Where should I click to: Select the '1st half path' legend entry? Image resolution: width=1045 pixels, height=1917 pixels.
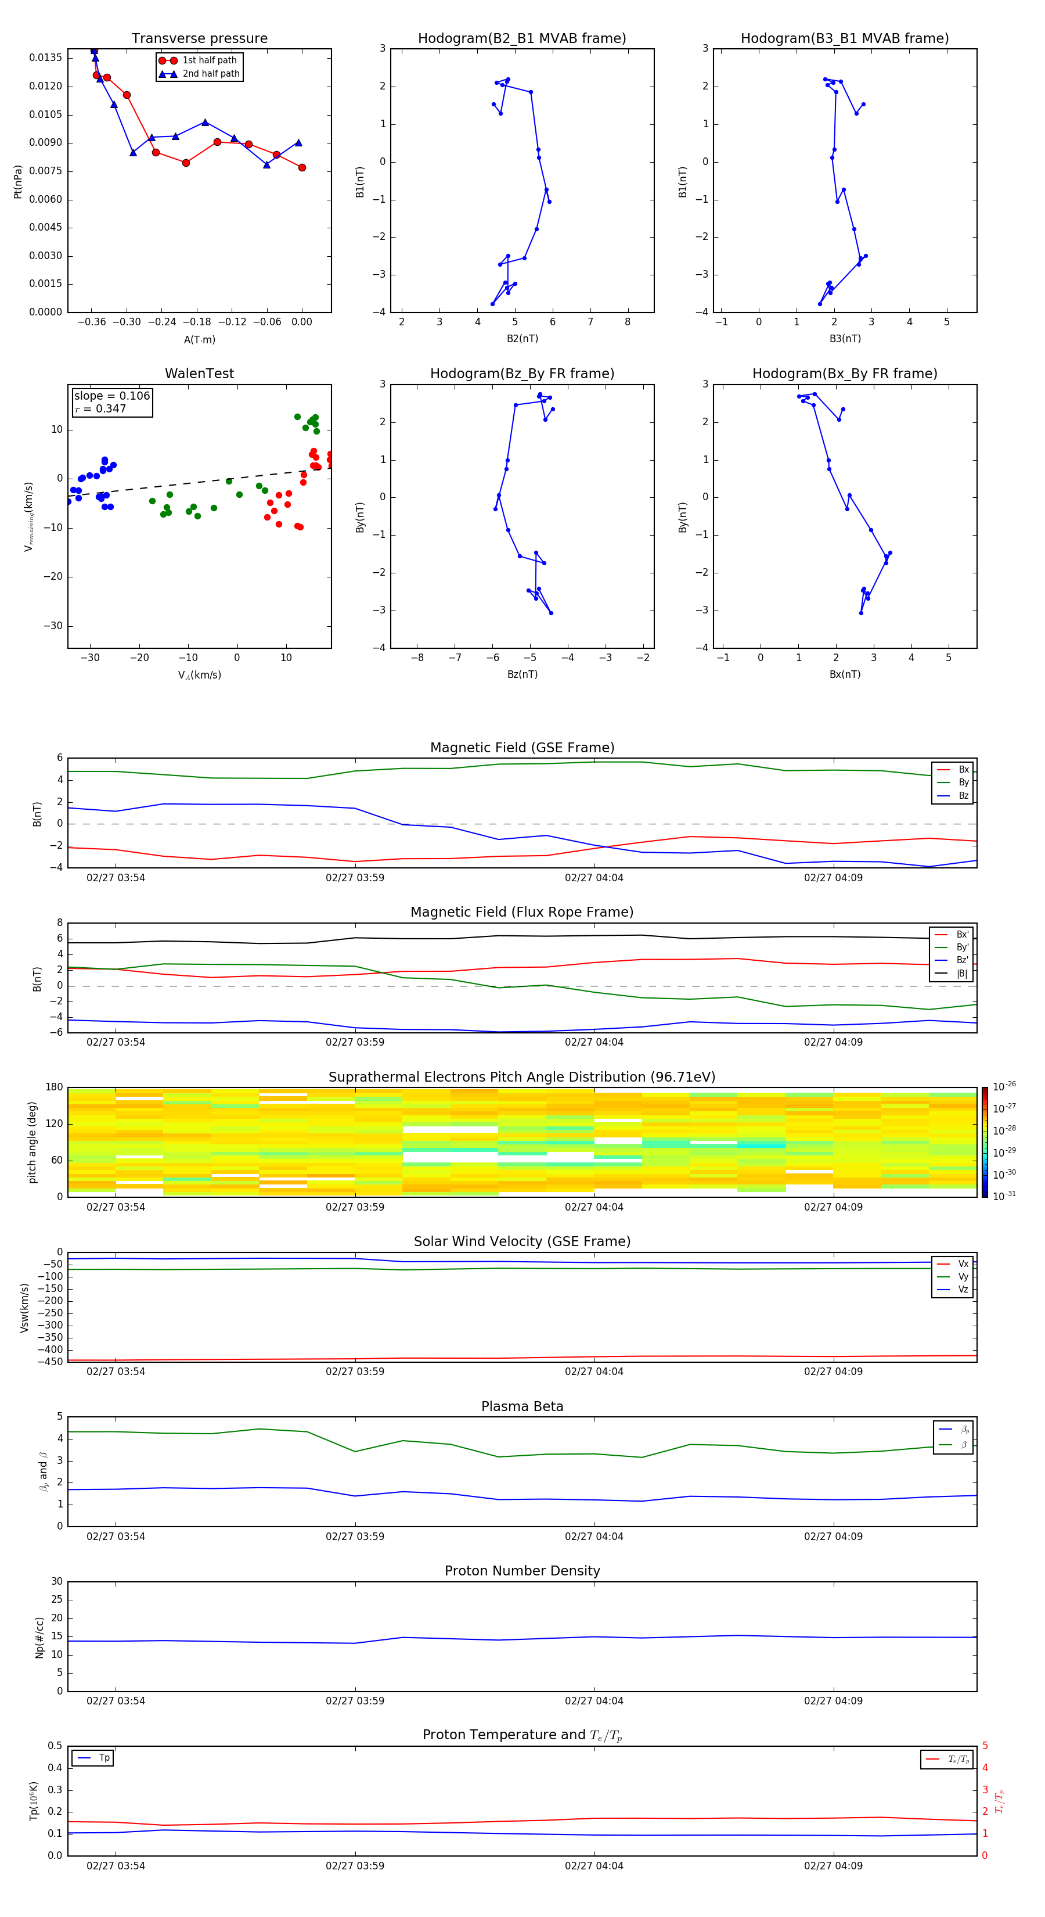point(209,60)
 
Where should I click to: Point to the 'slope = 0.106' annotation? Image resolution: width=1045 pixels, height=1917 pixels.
point(111,396)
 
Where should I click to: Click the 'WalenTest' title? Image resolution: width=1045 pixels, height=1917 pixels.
point(199,374)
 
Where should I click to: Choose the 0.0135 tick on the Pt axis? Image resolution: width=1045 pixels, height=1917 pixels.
point(45,58)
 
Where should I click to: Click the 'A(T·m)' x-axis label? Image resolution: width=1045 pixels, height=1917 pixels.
point(199,339)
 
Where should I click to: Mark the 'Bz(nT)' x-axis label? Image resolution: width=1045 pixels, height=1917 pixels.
point(522,674)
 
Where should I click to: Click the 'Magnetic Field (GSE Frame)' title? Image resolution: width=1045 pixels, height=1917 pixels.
point(522,748)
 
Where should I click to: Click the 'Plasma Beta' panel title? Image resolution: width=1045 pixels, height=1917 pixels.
point(522,1406)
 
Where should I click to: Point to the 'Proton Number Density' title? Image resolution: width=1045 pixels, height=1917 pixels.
point(522,1571)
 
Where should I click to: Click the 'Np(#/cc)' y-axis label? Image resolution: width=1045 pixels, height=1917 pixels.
point(40,1636)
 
